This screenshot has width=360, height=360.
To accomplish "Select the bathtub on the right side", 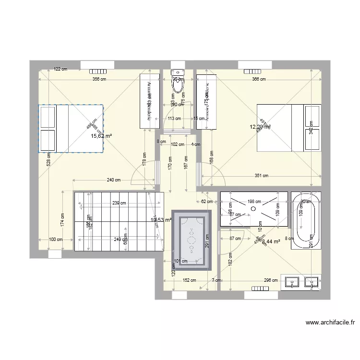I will pyautogui.click(x=306, y=220).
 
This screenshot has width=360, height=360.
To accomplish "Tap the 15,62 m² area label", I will pyautogui.click(x=101, y=136).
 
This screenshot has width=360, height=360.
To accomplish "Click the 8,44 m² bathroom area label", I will pyautogui.click(x=271, y=241).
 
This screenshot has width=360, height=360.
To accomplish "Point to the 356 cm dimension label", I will pyautogui.click(x=99, y=80).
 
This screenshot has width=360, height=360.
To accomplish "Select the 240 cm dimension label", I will pyautogui.click(x=113, y=180).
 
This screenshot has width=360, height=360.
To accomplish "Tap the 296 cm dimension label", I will pyautogui.click(x=271, y=280).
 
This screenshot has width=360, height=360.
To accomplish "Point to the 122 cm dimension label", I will pyautogui.click(x=60, y=69).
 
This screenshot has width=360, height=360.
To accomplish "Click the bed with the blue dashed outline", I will pyautogui.click(x=72, y=129).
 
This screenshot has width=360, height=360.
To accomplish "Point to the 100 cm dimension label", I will pyautogui.click(x=56, y=239).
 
